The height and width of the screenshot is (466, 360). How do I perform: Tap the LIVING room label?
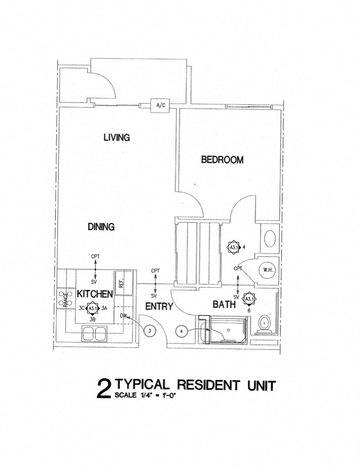pos(116,138)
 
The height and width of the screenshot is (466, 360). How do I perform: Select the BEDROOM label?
pos(222,159)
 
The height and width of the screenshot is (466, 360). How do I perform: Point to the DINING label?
pos(101,227)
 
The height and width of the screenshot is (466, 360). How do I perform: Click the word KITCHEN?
pos(94,293)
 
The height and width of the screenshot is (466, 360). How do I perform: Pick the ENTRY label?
pos(159,307)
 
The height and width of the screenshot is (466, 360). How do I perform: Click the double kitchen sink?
pos(94,332)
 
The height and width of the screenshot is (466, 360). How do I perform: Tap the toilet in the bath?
pos(264,323)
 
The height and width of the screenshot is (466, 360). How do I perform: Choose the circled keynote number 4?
pos(182,332)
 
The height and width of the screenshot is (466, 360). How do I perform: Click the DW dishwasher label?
pos(124,317)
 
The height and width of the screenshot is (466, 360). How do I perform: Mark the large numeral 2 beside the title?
pos(105,390)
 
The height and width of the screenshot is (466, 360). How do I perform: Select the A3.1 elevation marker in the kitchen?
pos(92,308)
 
